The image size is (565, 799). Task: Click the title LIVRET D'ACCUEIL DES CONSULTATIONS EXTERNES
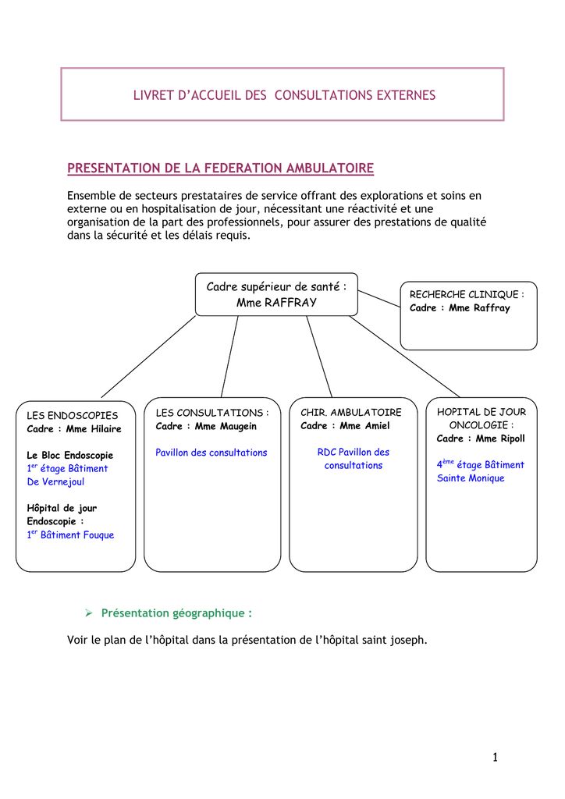284,95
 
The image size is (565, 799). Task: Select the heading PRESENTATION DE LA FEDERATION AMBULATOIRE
221,169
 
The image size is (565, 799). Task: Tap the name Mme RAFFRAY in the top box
276,303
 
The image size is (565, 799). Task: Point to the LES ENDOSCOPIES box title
73,415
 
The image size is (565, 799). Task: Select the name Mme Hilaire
94,429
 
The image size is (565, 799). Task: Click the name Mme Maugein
226,427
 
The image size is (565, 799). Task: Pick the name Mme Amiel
364,425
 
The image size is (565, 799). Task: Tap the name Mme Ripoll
500,439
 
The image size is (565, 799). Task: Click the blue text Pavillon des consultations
211,453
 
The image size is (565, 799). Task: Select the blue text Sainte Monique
471,478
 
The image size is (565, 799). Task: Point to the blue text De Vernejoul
55,481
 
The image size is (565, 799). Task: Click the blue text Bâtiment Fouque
77,535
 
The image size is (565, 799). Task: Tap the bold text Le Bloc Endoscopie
69,455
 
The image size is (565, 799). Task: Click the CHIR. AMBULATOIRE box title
351,412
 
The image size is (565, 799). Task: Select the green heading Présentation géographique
176,613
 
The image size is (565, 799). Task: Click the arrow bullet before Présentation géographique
89,613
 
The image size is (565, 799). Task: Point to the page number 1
496,757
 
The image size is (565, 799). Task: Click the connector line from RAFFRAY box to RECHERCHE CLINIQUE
379,299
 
